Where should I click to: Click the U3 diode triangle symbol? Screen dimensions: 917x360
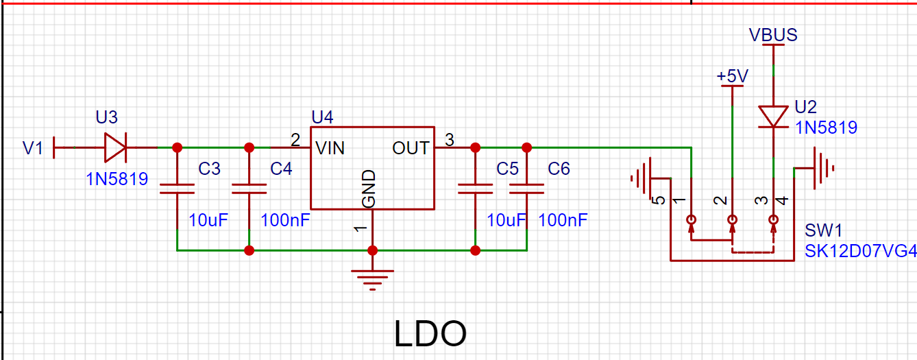click(x=115, y=147)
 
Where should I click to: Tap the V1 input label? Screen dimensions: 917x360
click(x=33, y=148)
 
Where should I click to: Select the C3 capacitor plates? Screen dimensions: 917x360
click(x=177, y=189)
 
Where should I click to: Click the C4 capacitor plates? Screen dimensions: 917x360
click(x=249, y=189)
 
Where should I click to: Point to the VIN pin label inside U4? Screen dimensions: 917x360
click(x=330, y=148)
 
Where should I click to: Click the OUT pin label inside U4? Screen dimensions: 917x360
click(x=411, y=148)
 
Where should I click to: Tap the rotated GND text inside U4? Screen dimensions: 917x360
click(x=369, y=189)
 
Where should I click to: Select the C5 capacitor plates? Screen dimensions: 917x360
click(x=475, y=189)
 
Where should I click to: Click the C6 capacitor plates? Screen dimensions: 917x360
click(x=527, y=189)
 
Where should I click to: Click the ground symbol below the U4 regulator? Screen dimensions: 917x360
click(x=373, y=280)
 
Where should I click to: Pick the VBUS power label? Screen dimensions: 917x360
click(x=773, y=35)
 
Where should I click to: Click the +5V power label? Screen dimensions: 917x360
click(x=733, y=75)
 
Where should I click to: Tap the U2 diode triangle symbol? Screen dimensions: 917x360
click(x=773, y=117)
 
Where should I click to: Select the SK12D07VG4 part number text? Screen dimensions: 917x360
click(x=861, y=251)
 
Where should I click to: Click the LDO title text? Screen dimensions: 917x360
click(x=430, y=334)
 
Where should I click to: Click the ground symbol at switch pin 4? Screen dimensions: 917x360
click(x=824, y=168)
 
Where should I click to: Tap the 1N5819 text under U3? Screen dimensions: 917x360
click(x=117, y=179)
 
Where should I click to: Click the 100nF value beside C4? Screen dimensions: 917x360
click(x=285, y=220)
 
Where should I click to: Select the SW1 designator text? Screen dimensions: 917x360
click(x=823, y=230)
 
